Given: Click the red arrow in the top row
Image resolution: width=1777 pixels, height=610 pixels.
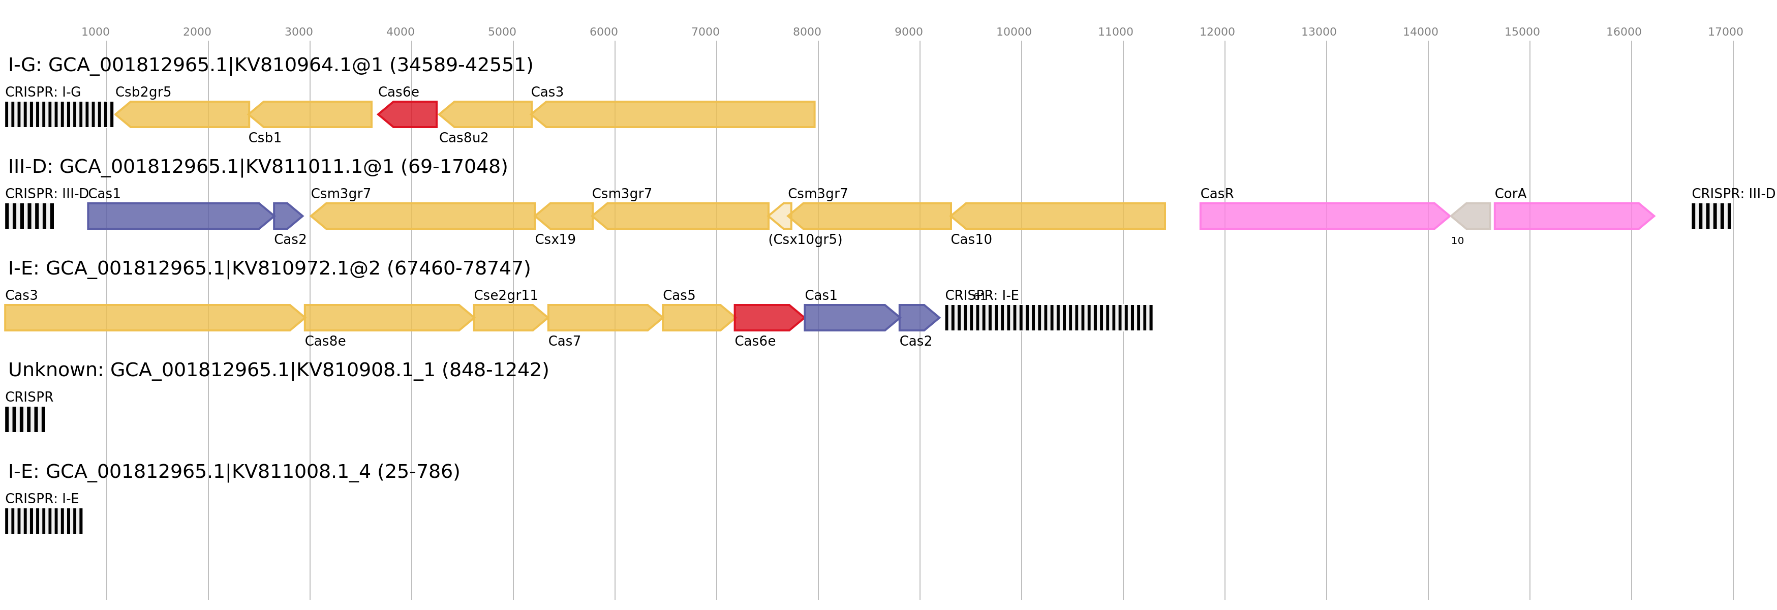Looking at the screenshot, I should click(x=408, y=114).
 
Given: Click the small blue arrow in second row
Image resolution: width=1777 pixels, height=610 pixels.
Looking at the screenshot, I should click(x=288, y=216).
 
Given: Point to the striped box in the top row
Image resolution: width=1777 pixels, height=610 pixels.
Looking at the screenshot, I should click(x=59, y=114).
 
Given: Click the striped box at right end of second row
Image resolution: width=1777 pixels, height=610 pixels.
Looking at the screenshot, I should click(x=1711, y=216).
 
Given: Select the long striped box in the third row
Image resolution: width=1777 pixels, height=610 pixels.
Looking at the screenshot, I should click(x=1049, y=317).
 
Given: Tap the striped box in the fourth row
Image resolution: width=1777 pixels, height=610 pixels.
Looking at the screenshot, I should click(x=25, y=419).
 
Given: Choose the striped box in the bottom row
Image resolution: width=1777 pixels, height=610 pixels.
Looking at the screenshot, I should click(x=44, y=521).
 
